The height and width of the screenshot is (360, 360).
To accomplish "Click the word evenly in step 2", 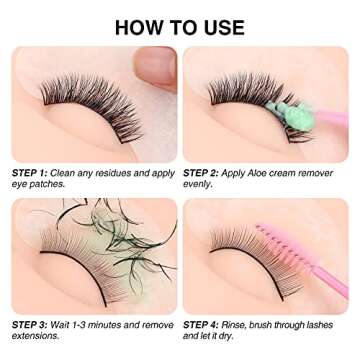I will (x=200, y=185).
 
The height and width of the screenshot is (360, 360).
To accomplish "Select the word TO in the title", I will (x=181, y=27).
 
